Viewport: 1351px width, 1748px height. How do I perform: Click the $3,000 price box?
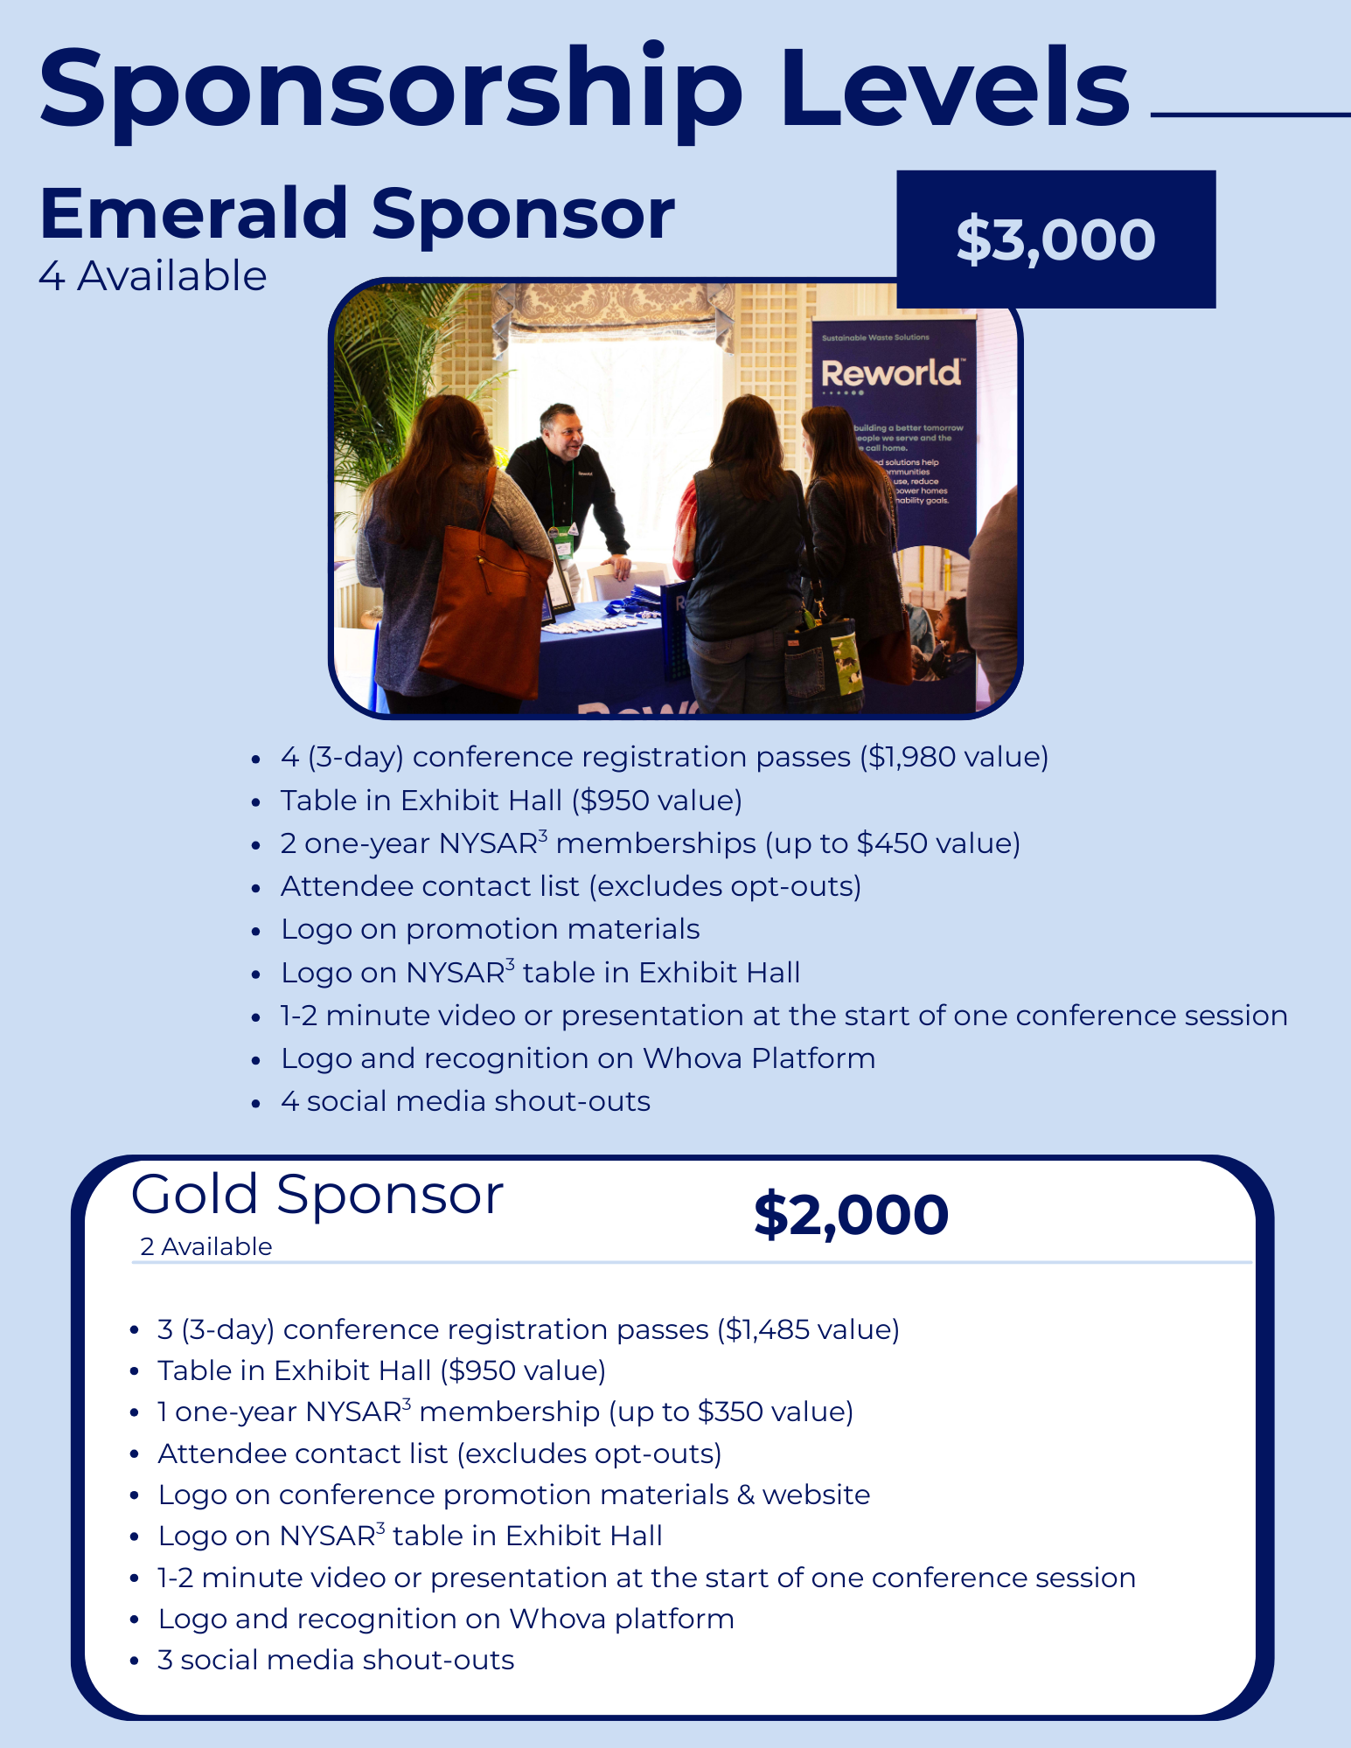click(x=1056, y=239)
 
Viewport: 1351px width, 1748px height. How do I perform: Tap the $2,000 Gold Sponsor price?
click(x=851, y=1215)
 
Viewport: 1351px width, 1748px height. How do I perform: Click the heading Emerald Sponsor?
click(x=357, y=215)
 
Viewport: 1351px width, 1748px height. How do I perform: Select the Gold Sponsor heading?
click(x=317, y=1195)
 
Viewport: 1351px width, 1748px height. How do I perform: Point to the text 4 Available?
click(x=153, y=276)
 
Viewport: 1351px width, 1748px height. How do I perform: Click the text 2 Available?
click(x=206, y=1246)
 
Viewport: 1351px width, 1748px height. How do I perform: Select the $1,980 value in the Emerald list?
click(x=909, y=757)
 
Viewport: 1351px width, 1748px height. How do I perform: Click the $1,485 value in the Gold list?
click(x=769, y=1329)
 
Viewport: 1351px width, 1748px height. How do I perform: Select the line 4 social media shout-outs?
click(x=465, y=1101)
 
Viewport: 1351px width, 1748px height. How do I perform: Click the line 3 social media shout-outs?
click(x=336, y=1660)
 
